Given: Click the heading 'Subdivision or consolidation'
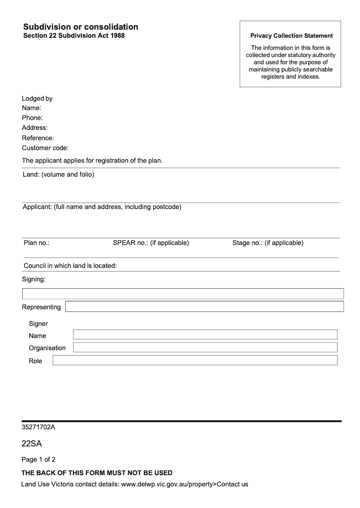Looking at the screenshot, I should tap(81, 27).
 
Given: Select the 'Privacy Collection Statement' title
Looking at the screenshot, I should tap(292, 36).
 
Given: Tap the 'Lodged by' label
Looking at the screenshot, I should tap(37, 98).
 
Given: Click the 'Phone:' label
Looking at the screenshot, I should tap(32, 118).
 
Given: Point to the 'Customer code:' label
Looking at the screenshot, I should tap(45, 148).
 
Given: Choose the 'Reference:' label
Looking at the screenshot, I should tap(38, 138).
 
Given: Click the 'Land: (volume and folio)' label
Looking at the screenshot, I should tap(58, 174).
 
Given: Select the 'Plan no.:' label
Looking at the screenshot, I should tap(36, 243).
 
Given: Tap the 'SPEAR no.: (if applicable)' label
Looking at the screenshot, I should tap(151, 243).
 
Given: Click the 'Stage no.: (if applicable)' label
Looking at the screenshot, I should tap(268, 243).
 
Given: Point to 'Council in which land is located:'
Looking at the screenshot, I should tap(70, 266).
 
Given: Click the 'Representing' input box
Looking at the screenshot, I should tap(204, 307).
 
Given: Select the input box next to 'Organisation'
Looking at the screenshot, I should tap(205, 348).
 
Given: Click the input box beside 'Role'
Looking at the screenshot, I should tap(194, 361).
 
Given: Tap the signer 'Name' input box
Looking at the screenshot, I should tap(205, 334).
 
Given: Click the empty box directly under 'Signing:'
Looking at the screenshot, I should tap(183, 294).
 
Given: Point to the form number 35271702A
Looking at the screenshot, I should tap(38, 427).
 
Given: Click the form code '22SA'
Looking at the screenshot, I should tap(31, 444).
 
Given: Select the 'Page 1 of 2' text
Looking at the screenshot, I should tap(39, 459).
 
